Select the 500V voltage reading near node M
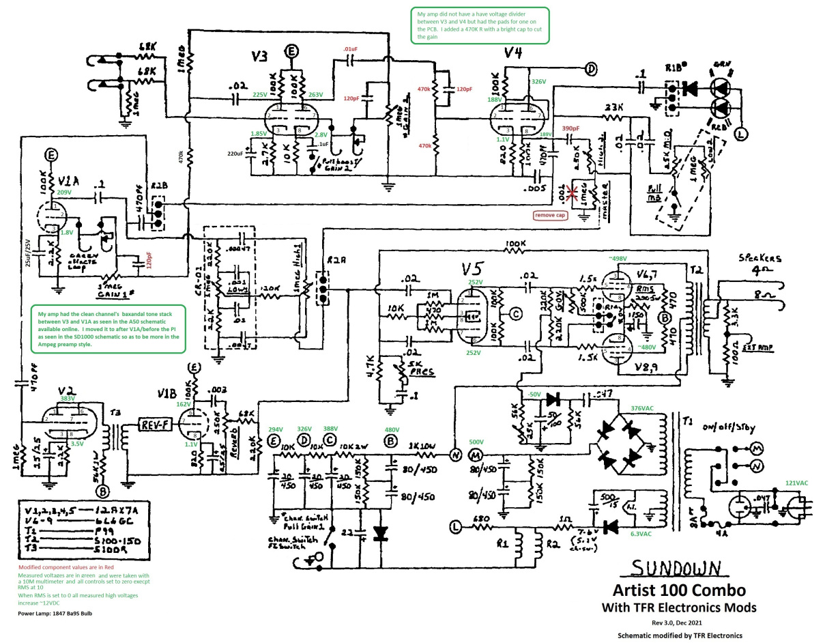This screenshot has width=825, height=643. click(475, 441)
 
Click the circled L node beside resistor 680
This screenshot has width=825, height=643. click(456, 526)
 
